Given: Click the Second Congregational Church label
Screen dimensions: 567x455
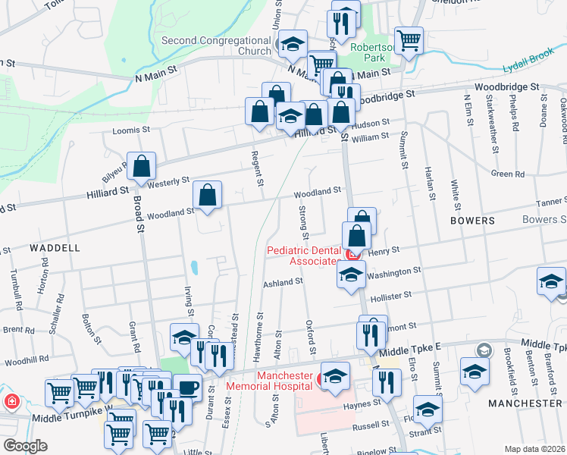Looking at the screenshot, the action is click(x=216, y=45).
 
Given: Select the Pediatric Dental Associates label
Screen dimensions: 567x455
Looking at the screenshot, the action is click(x=302, y=256).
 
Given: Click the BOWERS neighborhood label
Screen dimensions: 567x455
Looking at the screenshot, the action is click(x=471, y=221).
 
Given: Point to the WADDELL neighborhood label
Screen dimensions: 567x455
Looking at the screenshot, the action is click(x=55, y=248).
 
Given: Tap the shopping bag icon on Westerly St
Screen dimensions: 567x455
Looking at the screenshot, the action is click(x=142, y=167).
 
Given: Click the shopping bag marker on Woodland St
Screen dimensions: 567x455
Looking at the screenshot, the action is click(x=207, y=196).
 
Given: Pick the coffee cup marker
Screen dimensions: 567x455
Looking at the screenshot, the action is click(x=188, y=388).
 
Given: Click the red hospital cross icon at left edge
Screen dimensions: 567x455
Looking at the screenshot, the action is click(x=11, y=401).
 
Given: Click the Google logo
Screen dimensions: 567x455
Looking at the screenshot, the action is click(x=25, y=446).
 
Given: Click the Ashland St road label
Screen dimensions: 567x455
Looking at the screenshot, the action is click(x=283, y=281).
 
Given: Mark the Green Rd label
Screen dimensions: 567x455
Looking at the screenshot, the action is click(x=507, y=174).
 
